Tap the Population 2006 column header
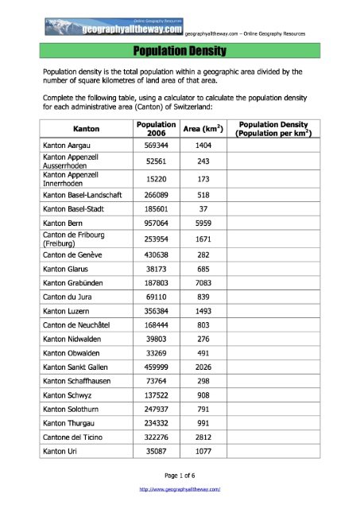tap(155, 130)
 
